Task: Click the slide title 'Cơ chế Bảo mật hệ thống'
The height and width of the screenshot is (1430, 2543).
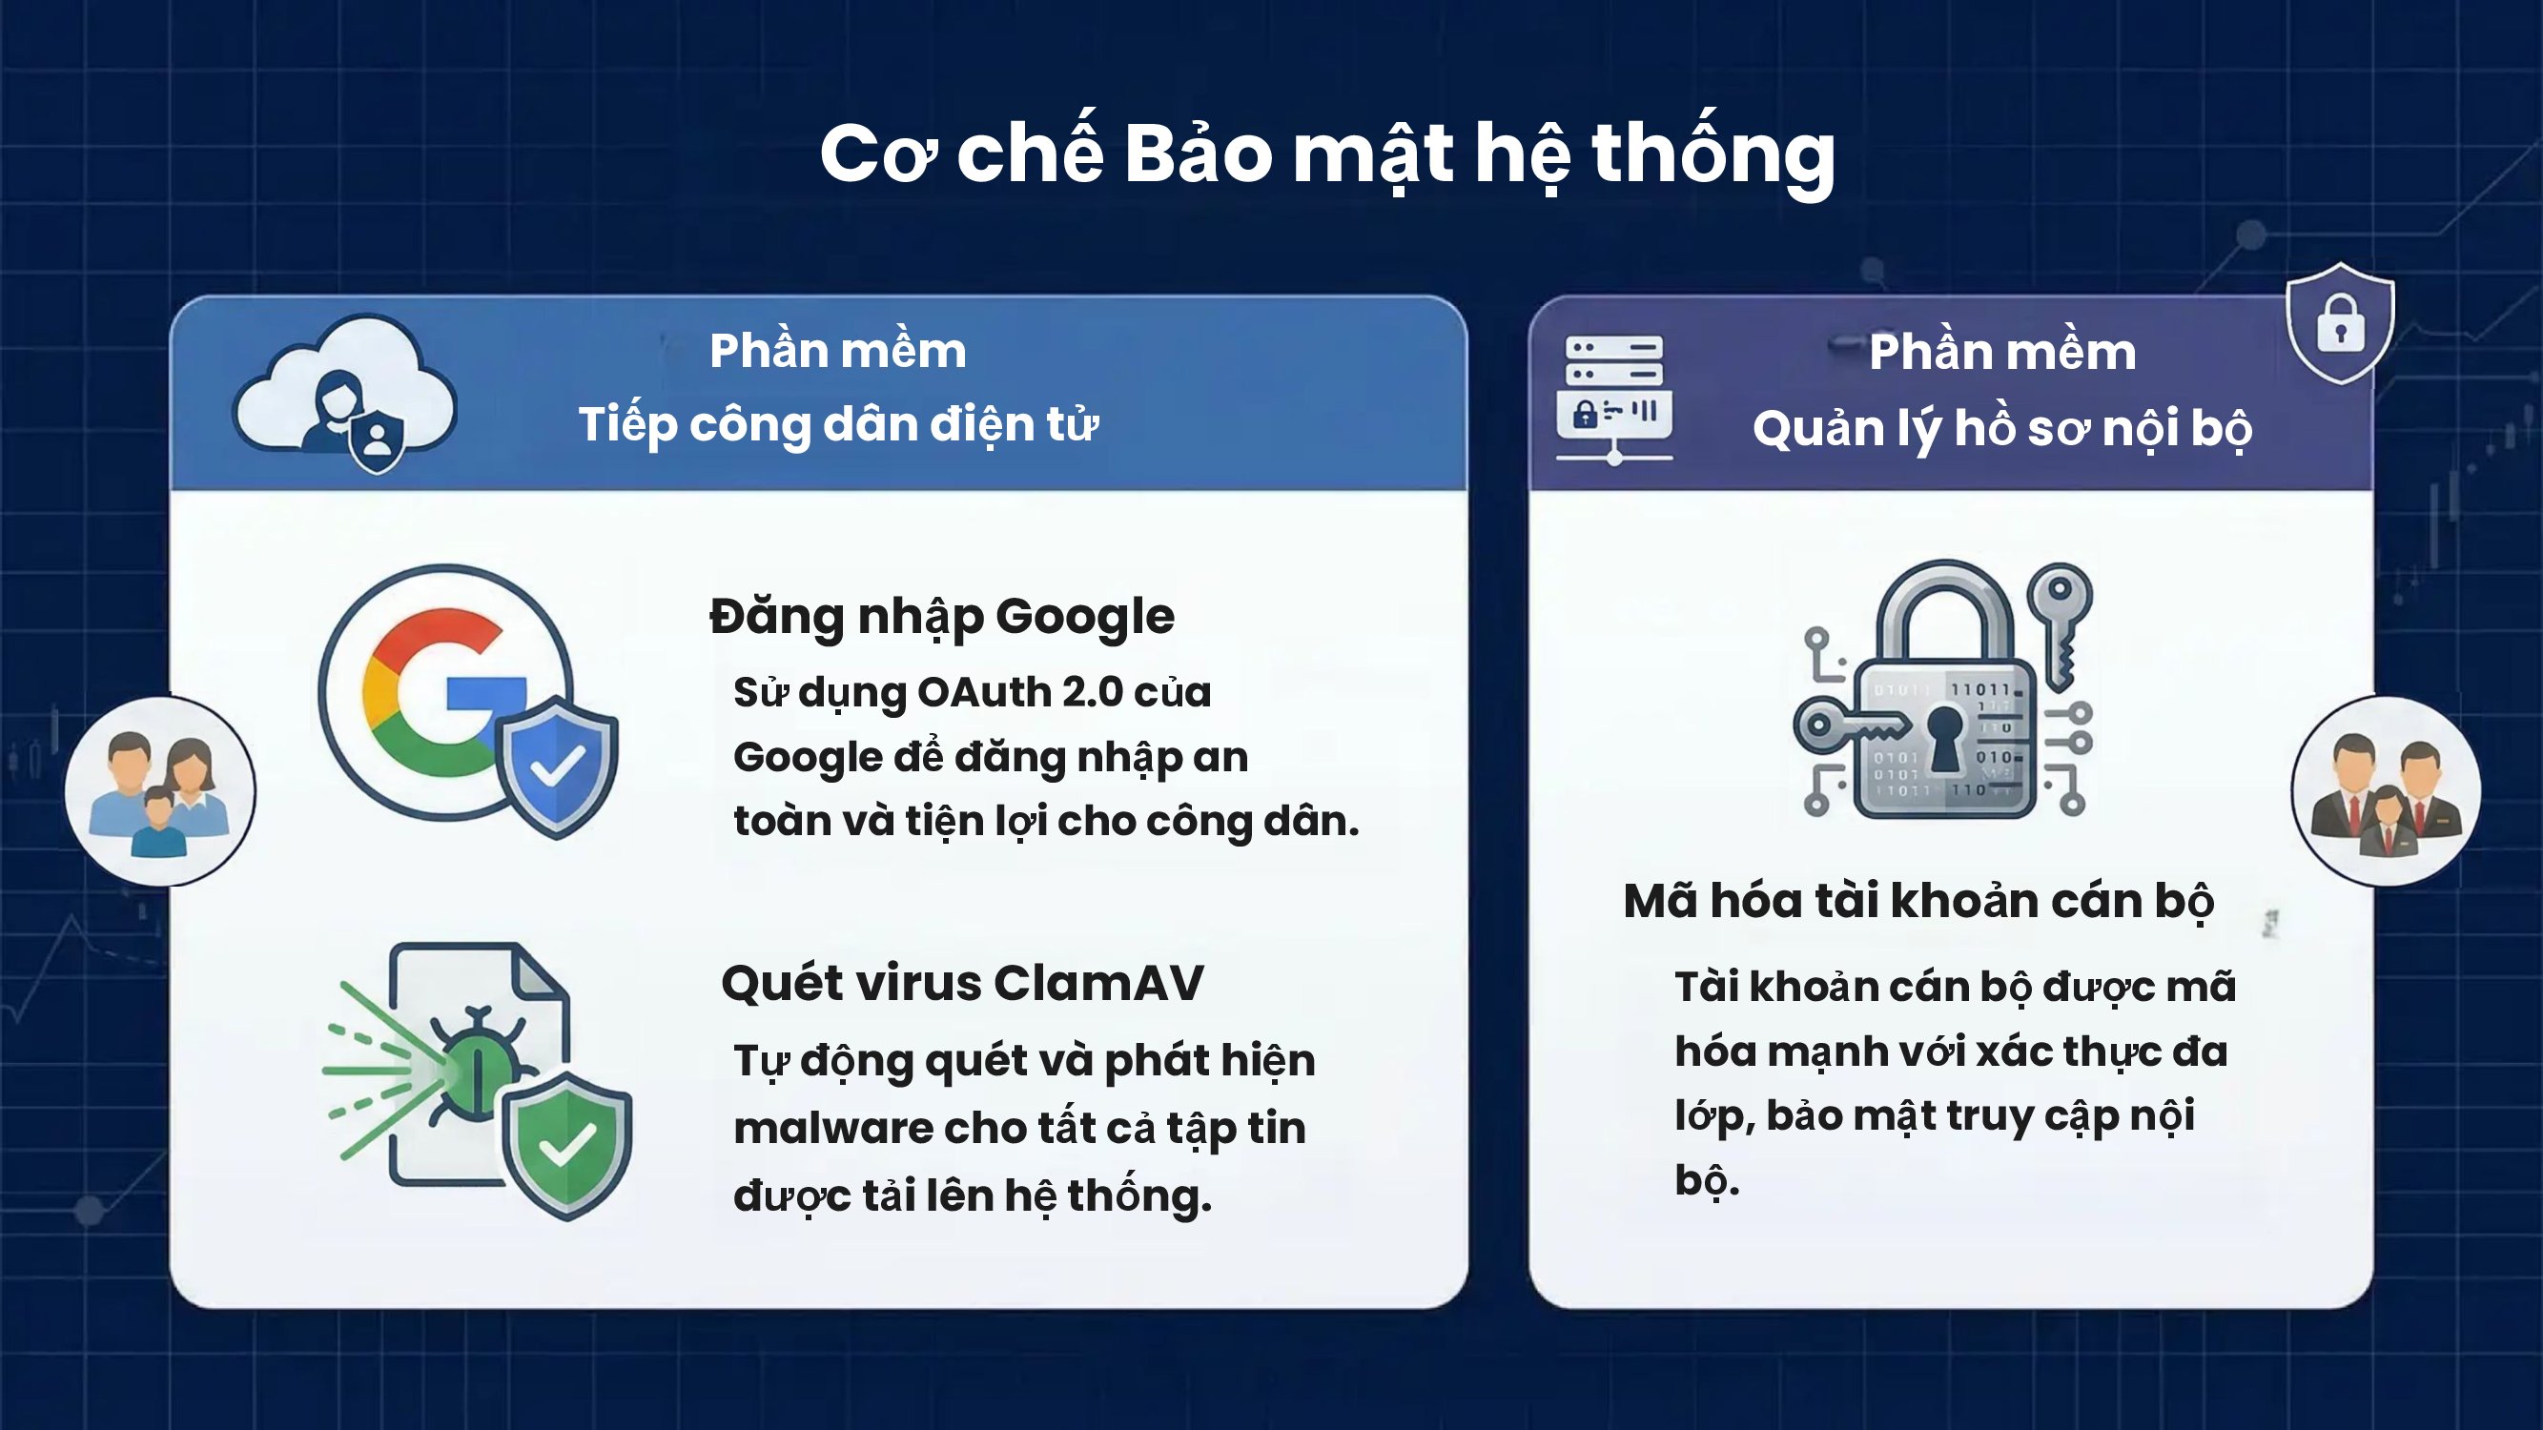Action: [x=1326, y=156]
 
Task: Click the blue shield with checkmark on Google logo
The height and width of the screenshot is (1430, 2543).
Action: [x=557, y=766]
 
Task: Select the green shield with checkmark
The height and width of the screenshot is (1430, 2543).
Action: [x=566, y=1144]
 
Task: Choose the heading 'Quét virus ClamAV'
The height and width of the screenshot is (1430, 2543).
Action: [x=962, y=983]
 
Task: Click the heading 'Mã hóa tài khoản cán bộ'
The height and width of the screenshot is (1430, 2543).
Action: [x=1918, y=901]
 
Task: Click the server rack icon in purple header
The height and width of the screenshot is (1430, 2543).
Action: [x=1614, y=399]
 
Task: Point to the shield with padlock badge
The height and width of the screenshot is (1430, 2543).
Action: [x=2341, y=323]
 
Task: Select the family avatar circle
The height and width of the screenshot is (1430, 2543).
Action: [x=160, y=791]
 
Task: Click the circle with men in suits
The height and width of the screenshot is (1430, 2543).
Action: [x=2386, y=791]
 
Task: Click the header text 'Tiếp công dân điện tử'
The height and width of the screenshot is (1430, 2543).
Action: [x=838, y=425]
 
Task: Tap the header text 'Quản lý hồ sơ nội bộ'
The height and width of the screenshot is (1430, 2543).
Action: [x=2002, y=429]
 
